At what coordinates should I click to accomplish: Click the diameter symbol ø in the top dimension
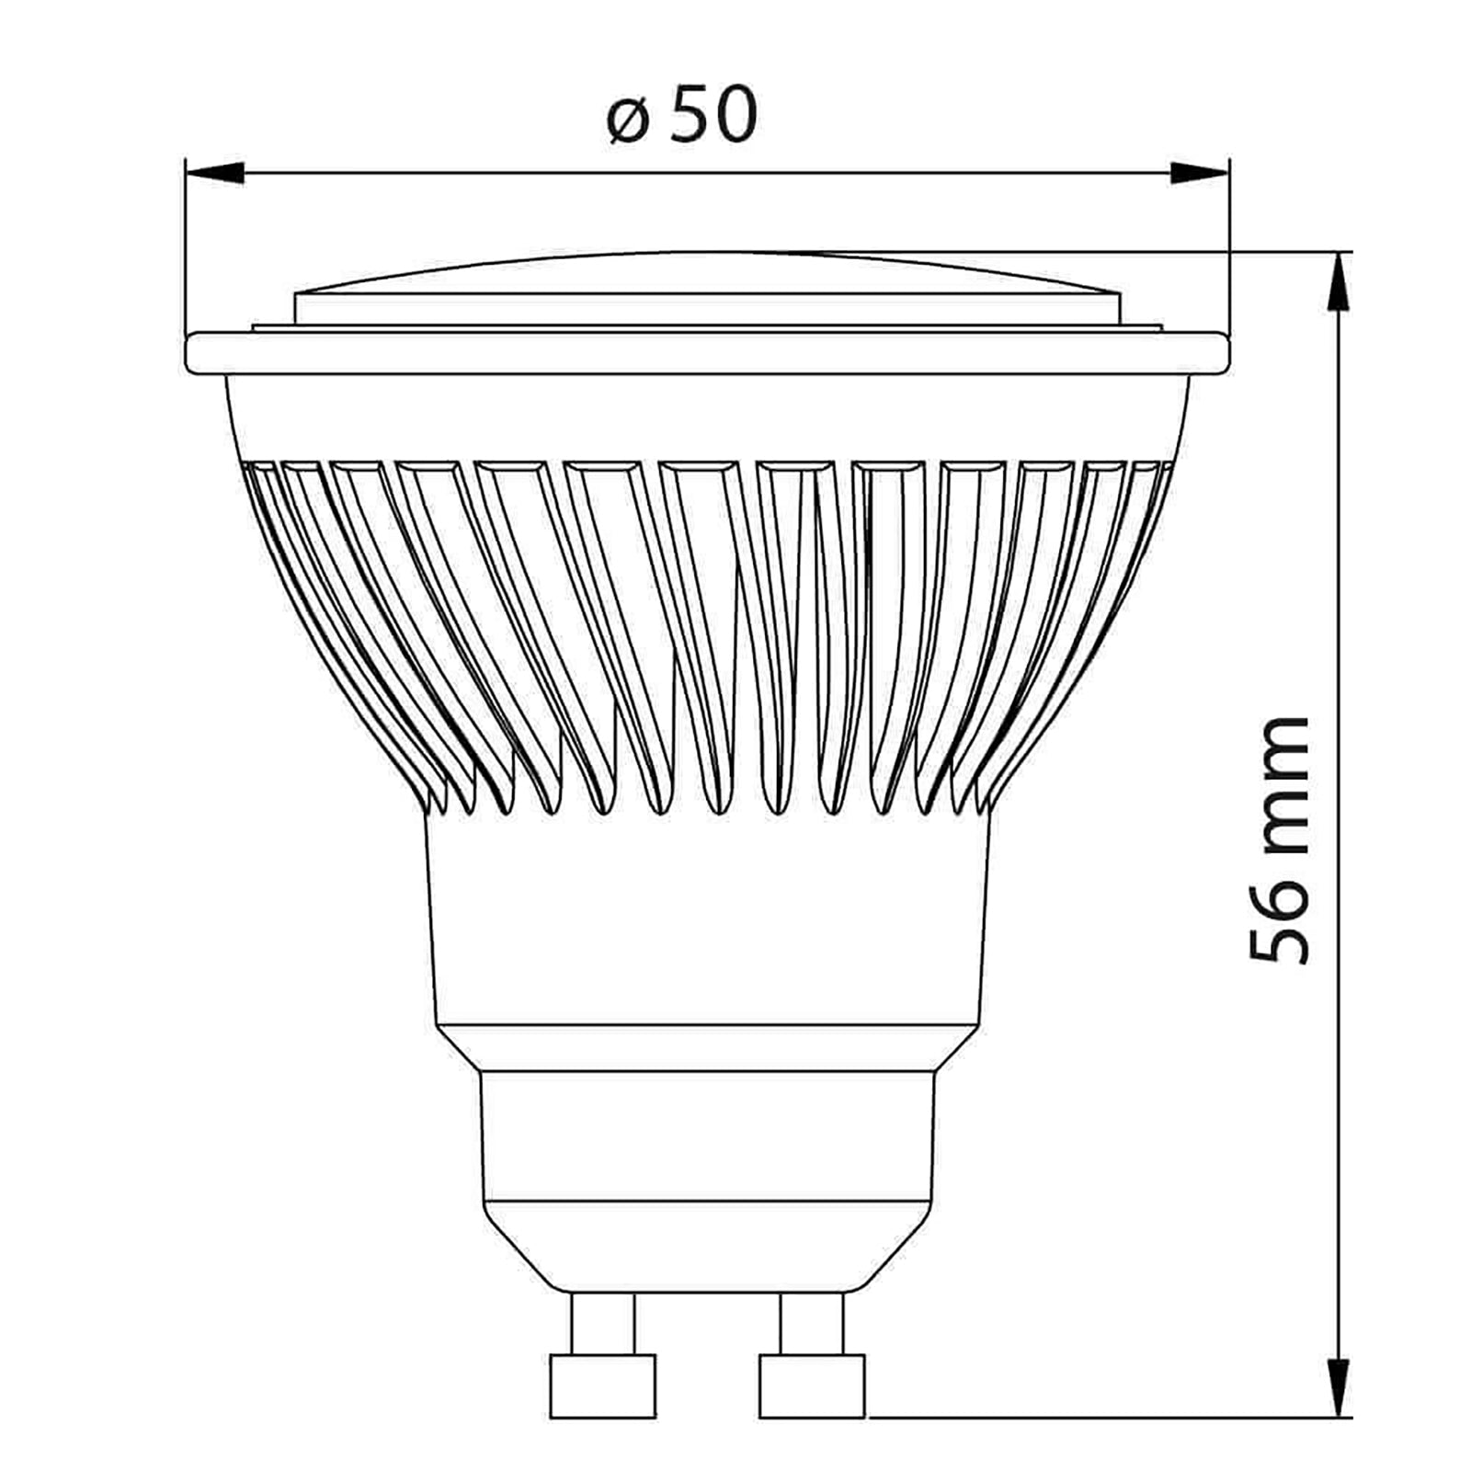[628, 120]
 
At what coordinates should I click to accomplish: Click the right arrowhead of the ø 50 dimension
[1199, 172]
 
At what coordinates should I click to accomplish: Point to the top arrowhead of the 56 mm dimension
[1342, 281]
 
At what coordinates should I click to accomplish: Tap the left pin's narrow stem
[602, 1323]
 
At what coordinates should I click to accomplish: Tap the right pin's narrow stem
[812, 1323]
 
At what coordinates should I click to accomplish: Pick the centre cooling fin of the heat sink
[699, 634]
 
